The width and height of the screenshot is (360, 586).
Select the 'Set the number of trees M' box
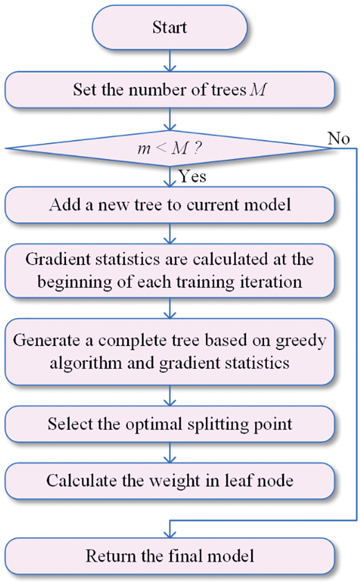[170, 90]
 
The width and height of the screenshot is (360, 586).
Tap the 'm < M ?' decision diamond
[170, 149]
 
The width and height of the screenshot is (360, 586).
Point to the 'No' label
[339, 138]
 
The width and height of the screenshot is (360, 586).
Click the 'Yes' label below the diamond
[192, 176]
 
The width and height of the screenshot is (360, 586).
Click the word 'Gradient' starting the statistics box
[52, 260]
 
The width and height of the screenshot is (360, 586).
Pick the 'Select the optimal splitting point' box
[170, 423]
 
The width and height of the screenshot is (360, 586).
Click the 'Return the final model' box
[170, 555]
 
